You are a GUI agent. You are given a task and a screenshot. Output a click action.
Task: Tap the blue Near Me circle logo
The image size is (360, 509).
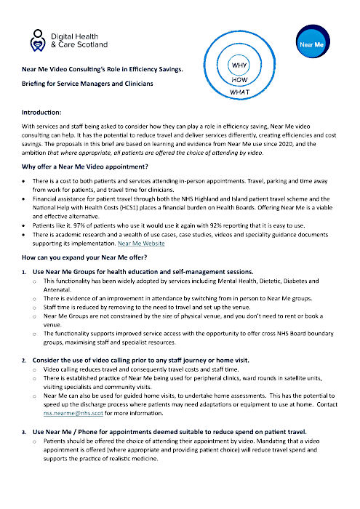tap(309, 45)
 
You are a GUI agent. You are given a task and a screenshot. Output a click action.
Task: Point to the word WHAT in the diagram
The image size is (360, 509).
tap(241, 93)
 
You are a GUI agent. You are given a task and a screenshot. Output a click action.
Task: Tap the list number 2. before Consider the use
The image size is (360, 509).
tap(25, 361)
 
